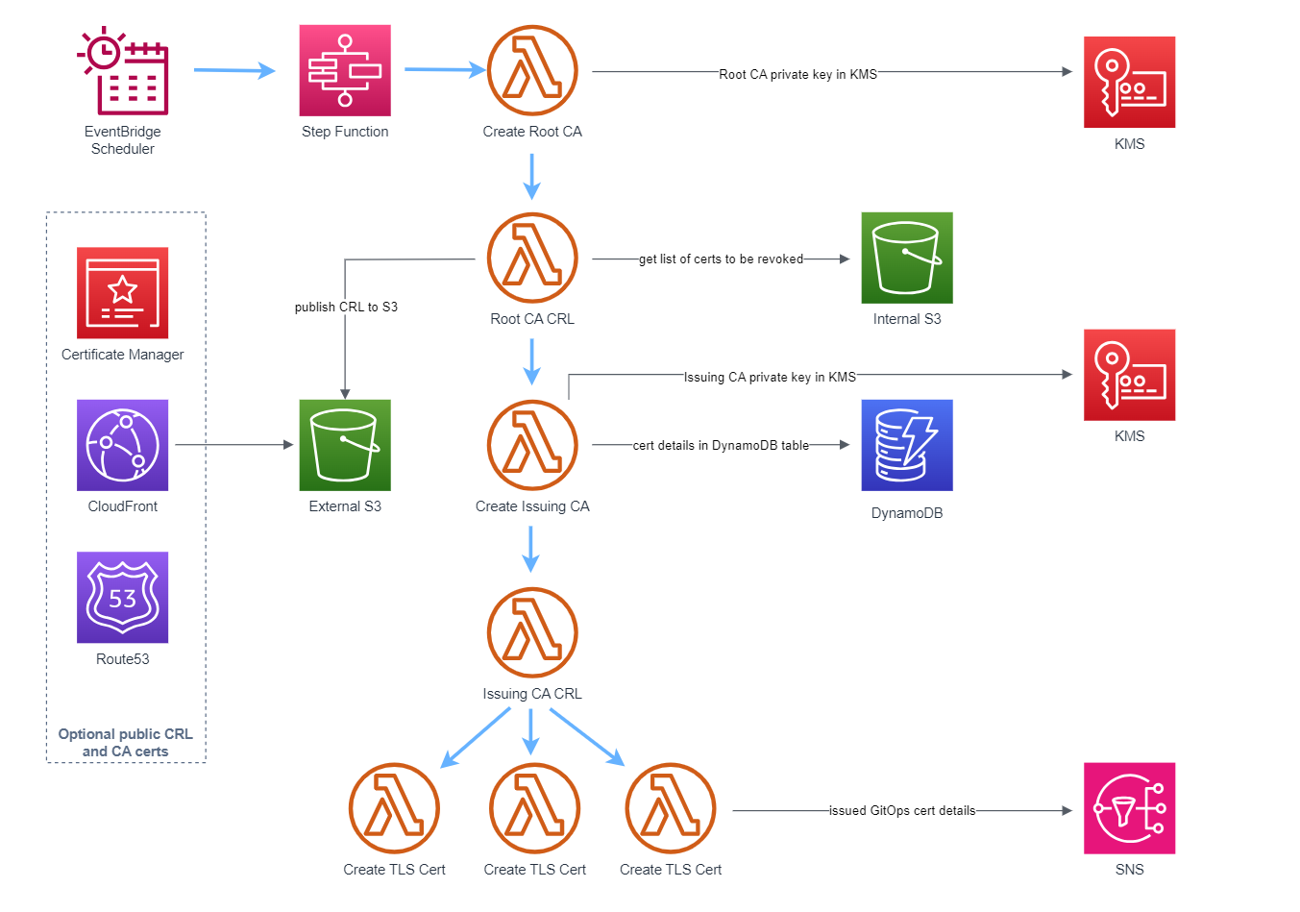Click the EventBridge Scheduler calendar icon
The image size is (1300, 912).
pyautogui.click(x=123, y=71)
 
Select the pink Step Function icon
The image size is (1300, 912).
pyautogui.click(x=345, y=70)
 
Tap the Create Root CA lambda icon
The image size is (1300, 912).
pyautogui.click(x=532, y=70)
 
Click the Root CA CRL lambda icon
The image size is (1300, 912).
pyautogui.click(x=532, y=258)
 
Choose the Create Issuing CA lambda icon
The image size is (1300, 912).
pyautogui.click(x=532, y=445)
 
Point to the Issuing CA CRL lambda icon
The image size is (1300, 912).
pyautogui.click(x=532, y=632)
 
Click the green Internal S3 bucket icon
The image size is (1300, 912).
pyautogui.click(x=907, y=258)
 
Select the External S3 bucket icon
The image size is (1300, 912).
pyautogui.click(x=345, y=445)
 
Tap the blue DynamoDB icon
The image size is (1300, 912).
pyautogui.click(x=907, y=445)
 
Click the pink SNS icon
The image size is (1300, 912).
pyautogui.click(x=1129, y=808)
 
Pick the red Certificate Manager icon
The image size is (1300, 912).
pyautogui.click(x=123, y=292)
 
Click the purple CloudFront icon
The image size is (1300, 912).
pyautogui.click(x=123, y=445)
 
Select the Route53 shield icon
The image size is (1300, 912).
pyautogui.click(x=123, y=597)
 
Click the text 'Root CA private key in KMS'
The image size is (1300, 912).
pyautogui.click(x=797, y=74)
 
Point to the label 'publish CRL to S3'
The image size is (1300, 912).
pyautogui.click(x=346, y=308)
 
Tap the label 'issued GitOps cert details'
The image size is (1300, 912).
pyautogui.click(x=902, y=811)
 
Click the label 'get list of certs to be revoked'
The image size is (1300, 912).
pyautogui.click(x=721, y=259)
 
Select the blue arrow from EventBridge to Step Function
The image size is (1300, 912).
pyautogui.click(x=233, y=70)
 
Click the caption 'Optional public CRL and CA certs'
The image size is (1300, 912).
pyautogui.click(x=125, y=743)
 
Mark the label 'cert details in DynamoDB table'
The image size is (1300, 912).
pyautogui.click(x=721, y=446)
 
